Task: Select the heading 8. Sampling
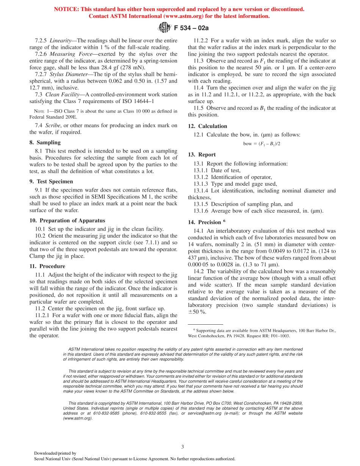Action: (x=45, y=142)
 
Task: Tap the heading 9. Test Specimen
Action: (x=51, y=181)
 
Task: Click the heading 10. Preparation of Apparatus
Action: (x=67, y=220)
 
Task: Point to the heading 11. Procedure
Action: (x=47, y=266)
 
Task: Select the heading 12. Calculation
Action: (x=207, y=126)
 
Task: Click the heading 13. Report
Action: (x=202, y=155)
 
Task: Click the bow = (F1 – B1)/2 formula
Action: (x=261, y=144)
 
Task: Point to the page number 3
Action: (x=182, y=447)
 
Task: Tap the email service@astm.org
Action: (x=205, y=413)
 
